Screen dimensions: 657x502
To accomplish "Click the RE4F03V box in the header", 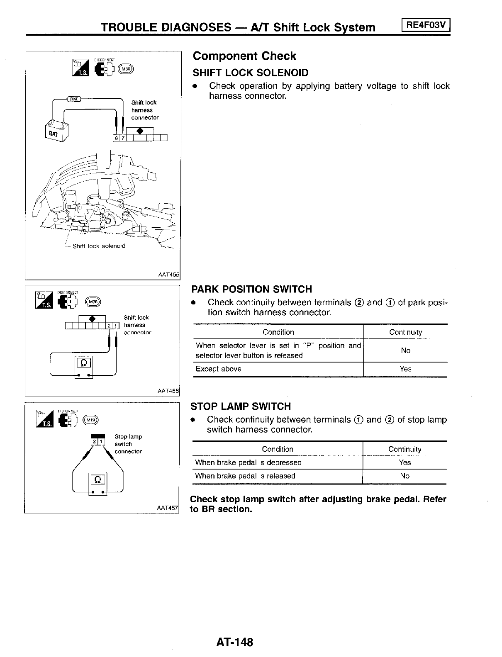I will [x=426, y=25].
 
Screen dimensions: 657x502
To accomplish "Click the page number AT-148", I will [x=234, y=642].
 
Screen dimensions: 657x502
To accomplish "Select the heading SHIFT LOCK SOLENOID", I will [x=251, y=73].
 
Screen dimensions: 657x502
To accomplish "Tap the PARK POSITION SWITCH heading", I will [x=251, y=289].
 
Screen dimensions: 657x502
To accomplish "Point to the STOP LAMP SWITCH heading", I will [x=241, y=406].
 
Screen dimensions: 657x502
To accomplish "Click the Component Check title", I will [x=244, y=56].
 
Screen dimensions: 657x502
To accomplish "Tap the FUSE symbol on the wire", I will [x=74, y=99].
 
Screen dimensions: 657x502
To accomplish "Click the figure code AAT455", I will [x=168, y=274].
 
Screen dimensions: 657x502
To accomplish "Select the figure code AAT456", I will [x=168, y=391].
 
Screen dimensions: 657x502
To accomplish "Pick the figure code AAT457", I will [x=167, y=508].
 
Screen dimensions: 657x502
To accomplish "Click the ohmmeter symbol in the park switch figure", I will [x=83, y=363].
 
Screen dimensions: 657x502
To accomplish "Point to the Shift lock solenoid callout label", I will [x=99, y=246].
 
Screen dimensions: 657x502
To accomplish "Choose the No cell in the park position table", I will [x=405, y=350].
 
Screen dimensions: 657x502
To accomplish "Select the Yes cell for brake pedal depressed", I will [x=405, y=462].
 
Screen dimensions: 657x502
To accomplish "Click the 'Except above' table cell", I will [x=219, y=369].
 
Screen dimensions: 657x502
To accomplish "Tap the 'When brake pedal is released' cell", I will [x=245, y=476].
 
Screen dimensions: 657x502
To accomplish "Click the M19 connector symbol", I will [x=91, y=421].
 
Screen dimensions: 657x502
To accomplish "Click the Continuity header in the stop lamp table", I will [x=405, y=449].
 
